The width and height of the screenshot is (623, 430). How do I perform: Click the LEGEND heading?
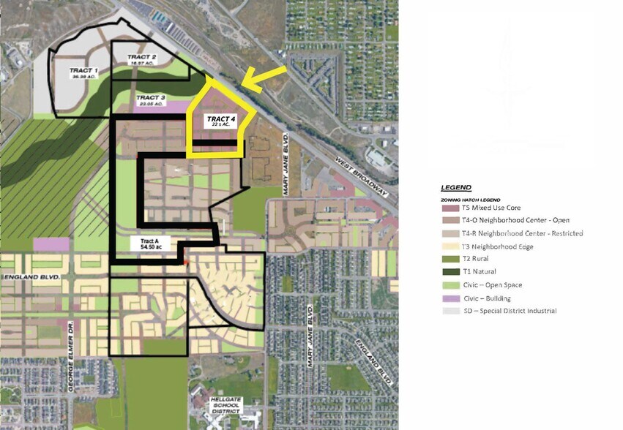click(x=456, y=187)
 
